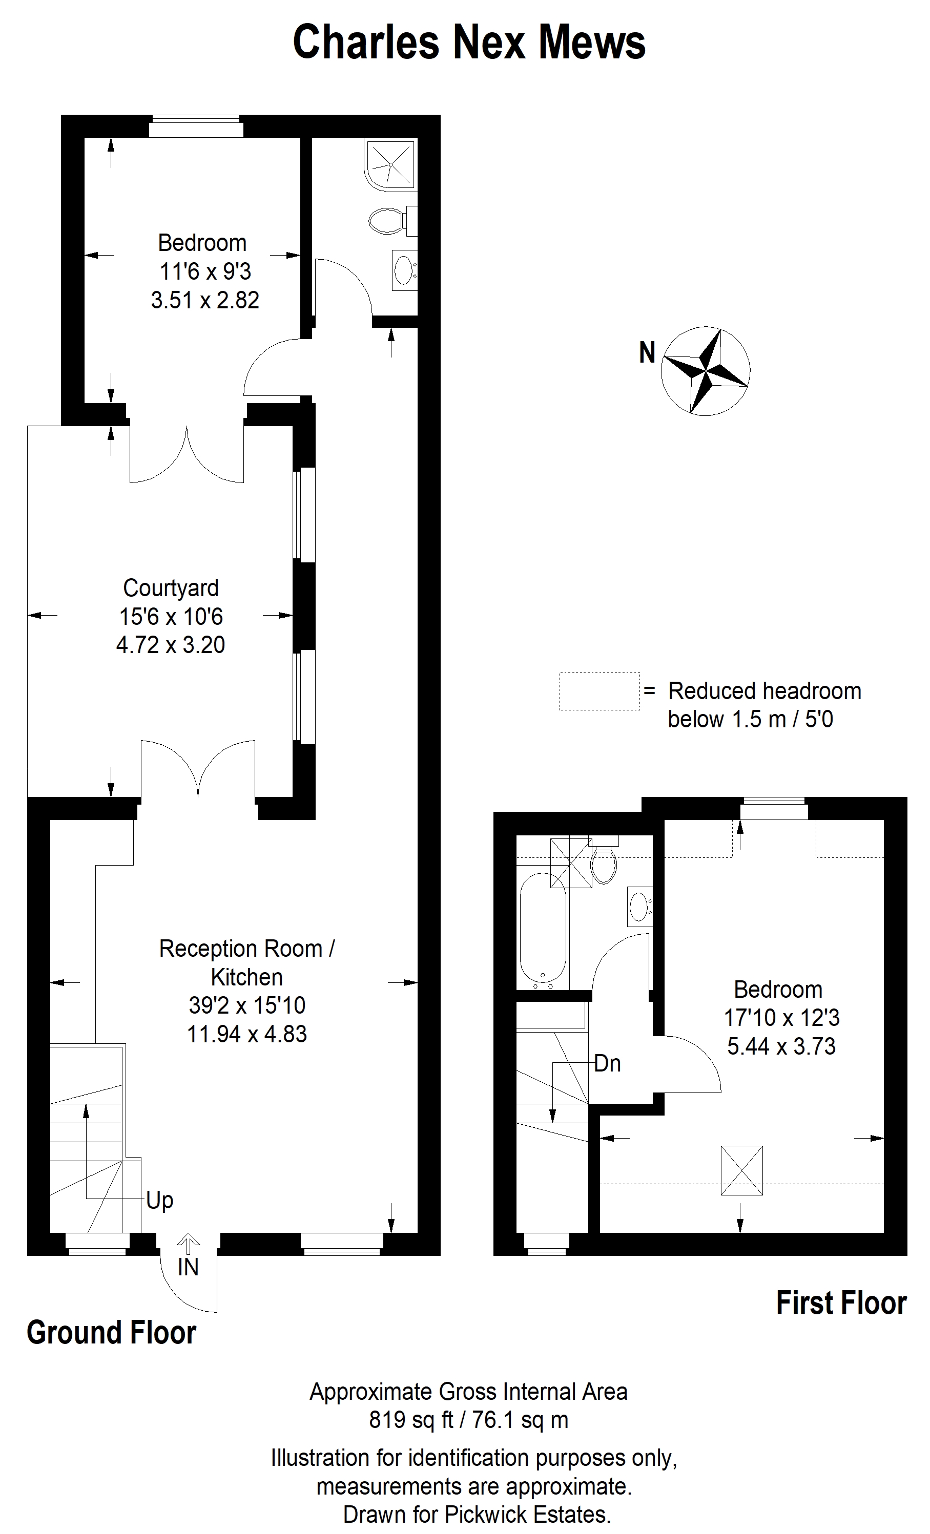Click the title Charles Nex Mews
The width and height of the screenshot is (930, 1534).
click(x=469, y=43)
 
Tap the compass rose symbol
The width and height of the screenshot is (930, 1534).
click(x=705, y=370)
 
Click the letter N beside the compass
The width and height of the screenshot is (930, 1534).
click(x=647, y=353)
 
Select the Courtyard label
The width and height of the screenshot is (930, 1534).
click(x=171, y=587)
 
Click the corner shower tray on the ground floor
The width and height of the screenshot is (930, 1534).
click(x=390, y=164)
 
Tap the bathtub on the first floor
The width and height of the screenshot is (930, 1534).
click(x=543, y=930)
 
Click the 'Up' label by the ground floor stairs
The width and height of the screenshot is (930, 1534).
click(x=159, y=1200)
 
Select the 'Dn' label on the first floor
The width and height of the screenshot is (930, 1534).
click(x=607, y=1063)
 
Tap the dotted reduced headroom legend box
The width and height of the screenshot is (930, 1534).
click(x=599, y=691)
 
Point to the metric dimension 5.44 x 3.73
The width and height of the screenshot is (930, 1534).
click(x=781, y=1046)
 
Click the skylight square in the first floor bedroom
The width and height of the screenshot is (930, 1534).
click(x=741, y=1170)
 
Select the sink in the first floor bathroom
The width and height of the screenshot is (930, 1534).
click(x=639, y=907)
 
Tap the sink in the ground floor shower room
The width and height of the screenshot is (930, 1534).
click(x=404, y=270)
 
